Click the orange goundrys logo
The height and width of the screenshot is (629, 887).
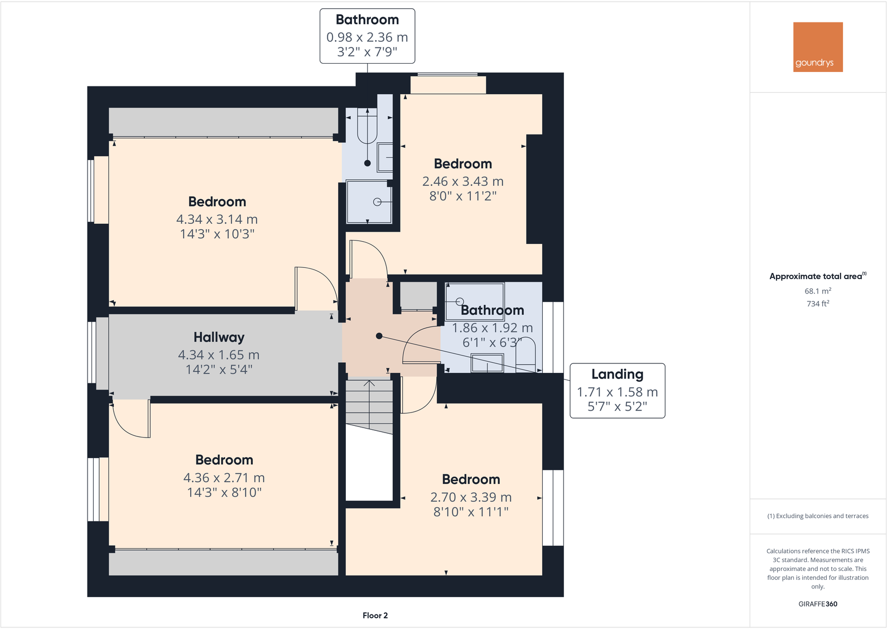818,47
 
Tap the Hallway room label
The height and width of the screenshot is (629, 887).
219,337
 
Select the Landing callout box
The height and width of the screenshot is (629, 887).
617,390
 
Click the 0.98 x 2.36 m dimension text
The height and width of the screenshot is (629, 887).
367,37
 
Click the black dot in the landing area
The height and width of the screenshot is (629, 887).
379,336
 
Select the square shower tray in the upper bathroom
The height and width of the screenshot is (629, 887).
368,201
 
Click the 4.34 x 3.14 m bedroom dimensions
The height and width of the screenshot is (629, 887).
217,219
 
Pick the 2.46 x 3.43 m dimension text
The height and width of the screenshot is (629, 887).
462,181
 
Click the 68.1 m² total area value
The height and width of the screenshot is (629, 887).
818,291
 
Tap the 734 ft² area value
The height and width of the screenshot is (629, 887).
818,304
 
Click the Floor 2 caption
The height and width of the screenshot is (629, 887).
375,615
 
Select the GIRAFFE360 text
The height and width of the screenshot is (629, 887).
818,604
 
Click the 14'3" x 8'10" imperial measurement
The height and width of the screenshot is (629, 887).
224,492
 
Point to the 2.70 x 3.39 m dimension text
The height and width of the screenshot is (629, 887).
471,497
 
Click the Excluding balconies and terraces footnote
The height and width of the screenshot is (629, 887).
818,516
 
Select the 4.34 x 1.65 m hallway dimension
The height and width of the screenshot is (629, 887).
219,355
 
